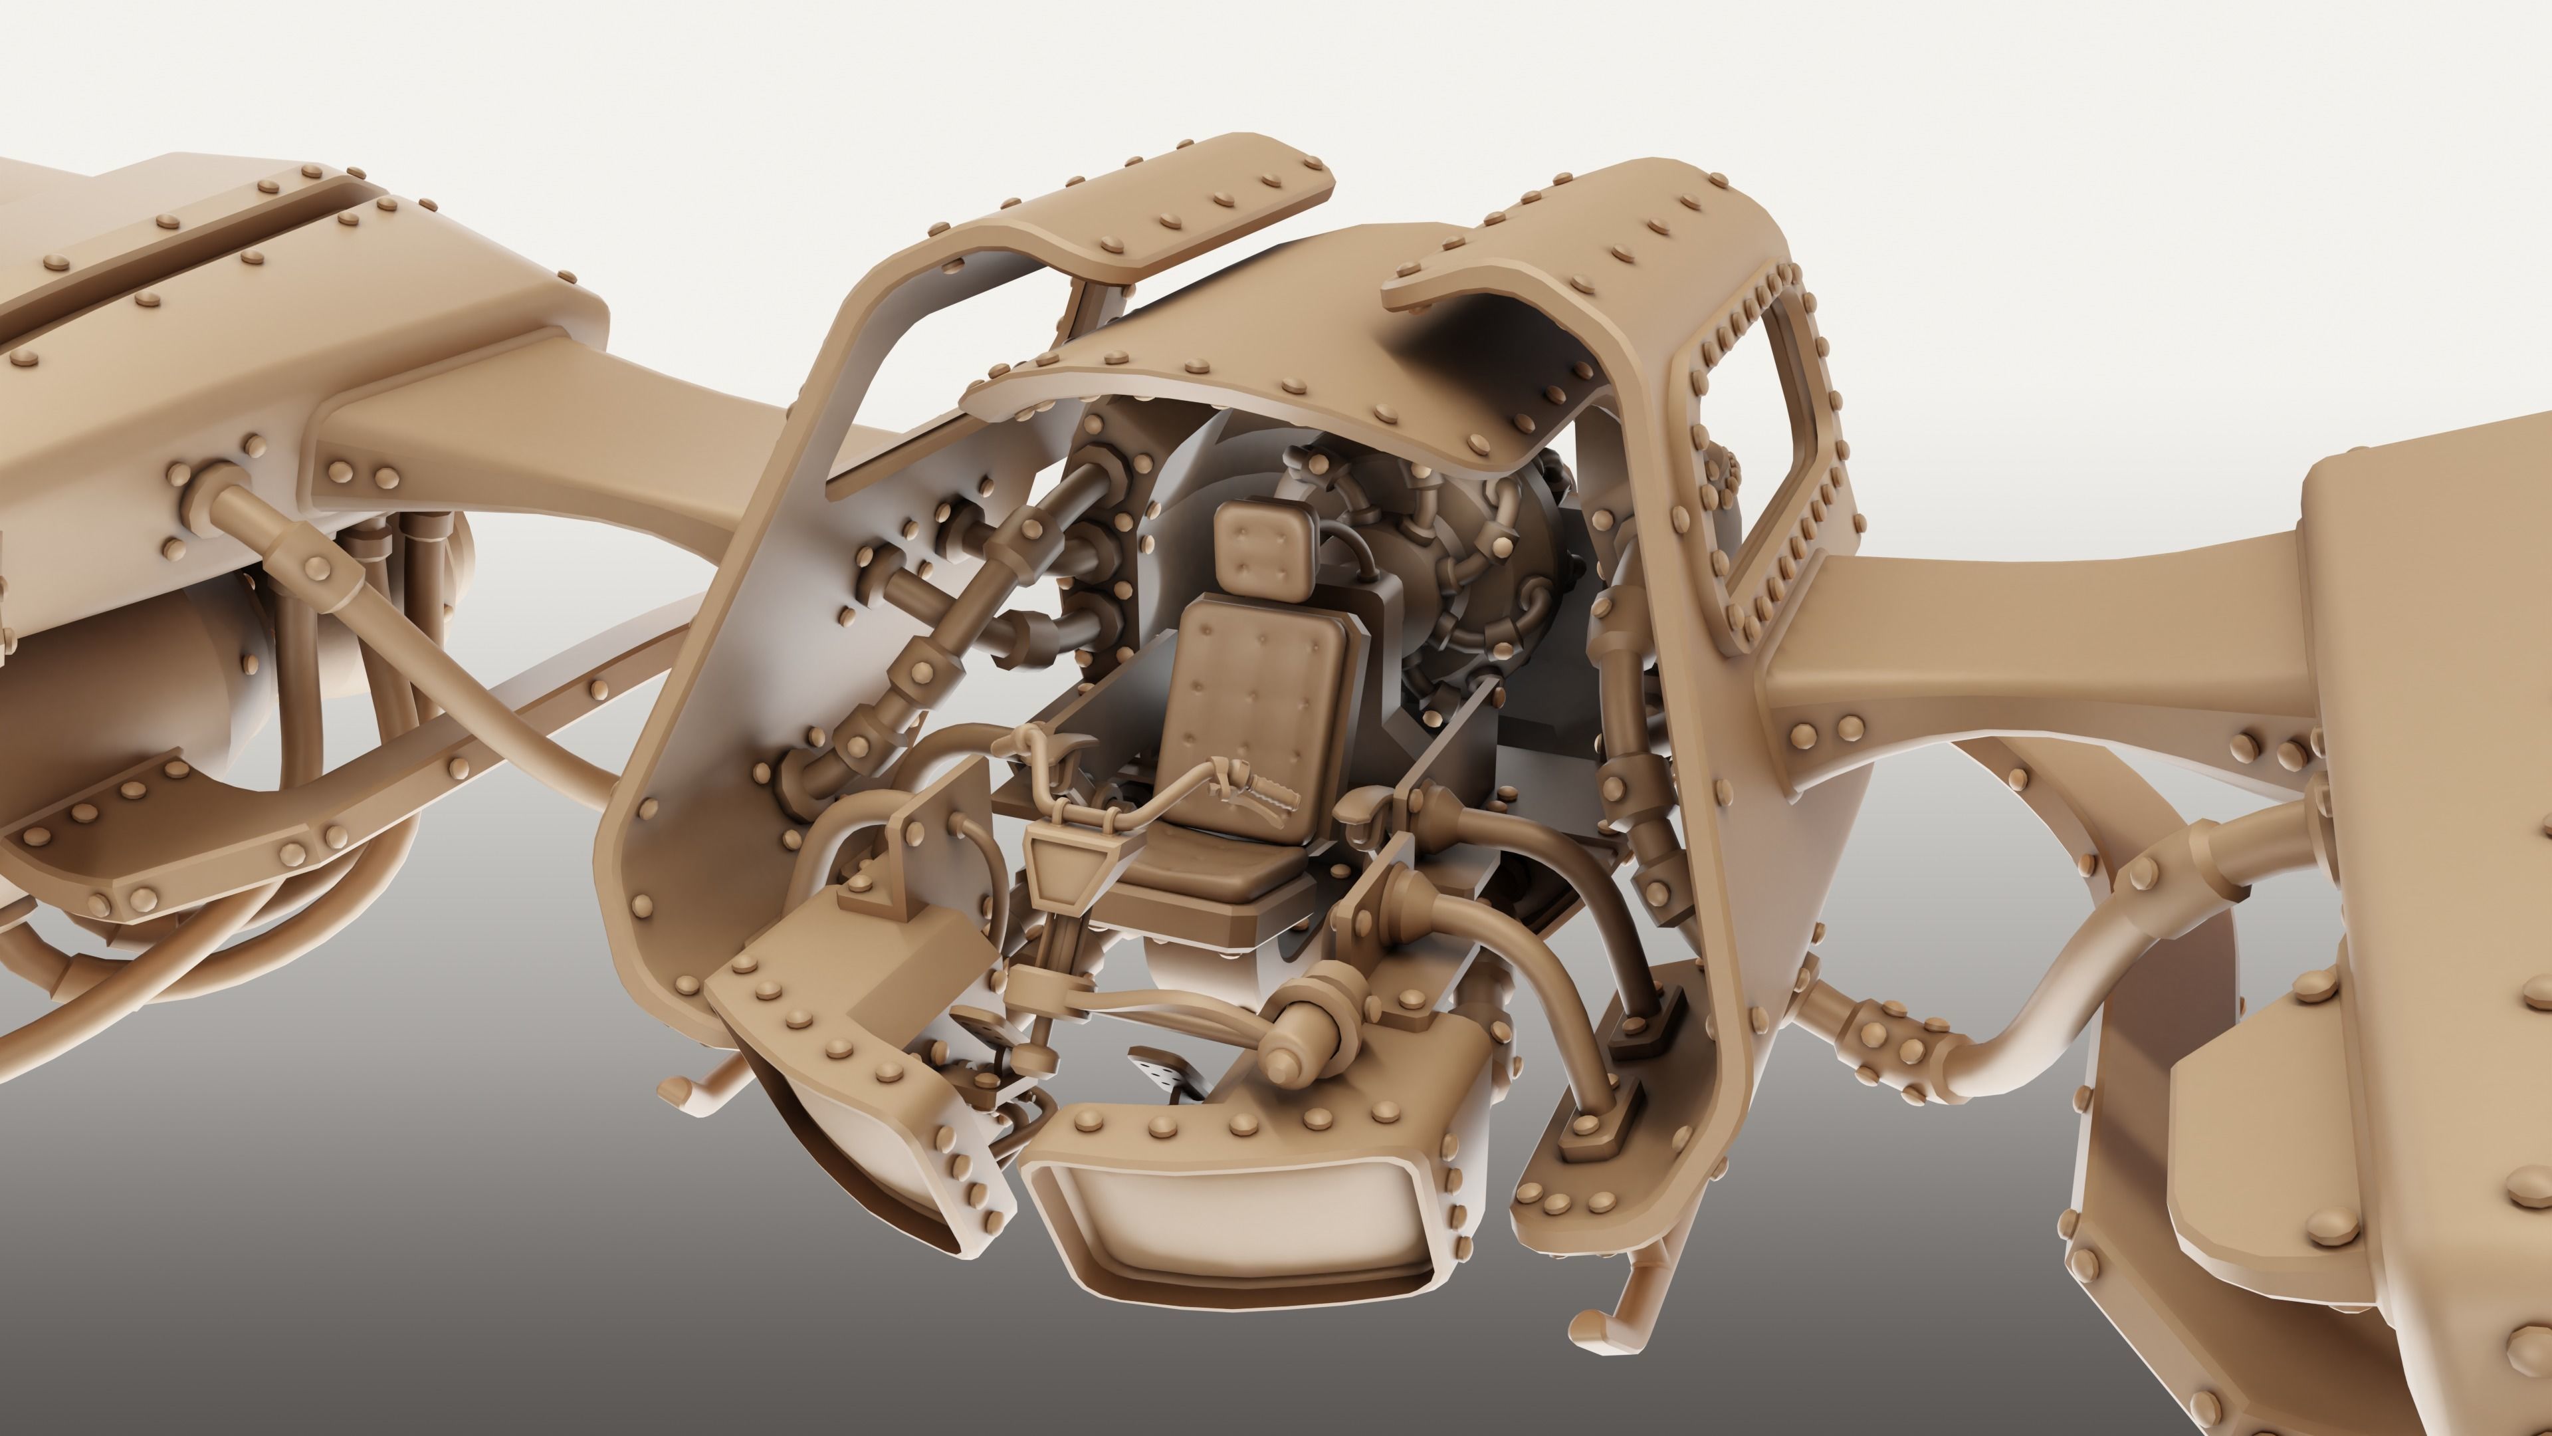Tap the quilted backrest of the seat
[x=1253, y=693]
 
